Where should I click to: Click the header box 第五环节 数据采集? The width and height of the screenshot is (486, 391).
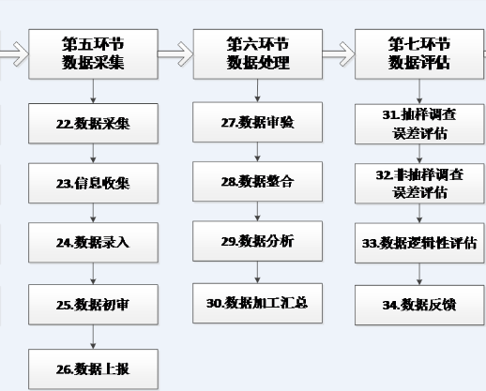click(93, 54)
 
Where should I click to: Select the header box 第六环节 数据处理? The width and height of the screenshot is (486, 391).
click(258, 54)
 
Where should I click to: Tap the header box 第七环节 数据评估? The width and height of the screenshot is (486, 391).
click(419, 54)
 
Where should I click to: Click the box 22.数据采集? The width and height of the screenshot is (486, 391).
click(93, 124)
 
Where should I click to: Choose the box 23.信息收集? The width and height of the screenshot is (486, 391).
click(93, 183)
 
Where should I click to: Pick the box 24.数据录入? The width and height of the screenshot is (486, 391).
click(93, 243)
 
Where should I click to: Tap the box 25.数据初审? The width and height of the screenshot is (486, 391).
click(93, 305)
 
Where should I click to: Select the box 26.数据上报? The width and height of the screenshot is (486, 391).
click(93, 369)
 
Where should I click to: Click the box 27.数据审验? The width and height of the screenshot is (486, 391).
click(258, 122)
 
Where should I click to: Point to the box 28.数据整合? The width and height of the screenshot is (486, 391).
click(258, 182)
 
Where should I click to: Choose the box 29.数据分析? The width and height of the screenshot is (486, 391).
click(258, 241)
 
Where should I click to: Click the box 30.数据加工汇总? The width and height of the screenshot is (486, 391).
click(258, 303)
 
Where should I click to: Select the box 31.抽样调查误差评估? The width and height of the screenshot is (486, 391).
click(419, 124)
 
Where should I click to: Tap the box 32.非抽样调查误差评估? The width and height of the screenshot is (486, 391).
click(419, 184)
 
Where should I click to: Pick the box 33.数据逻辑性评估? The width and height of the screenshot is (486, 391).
click(419, 243)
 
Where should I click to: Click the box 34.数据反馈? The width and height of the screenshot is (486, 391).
click(419, 305)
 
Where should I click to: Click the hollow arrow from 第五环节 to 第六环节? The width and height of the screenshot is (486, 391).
click(175, 54)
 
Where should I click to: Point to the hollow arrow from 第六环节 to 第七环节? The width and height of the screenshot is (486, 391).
click(339, 54)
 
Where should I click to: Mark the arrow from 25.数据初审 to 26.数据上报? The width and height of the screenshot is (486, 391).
click(93, 337)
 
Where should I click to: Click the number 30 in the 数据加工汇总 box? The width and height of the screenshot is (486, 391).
click(214, 303)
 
